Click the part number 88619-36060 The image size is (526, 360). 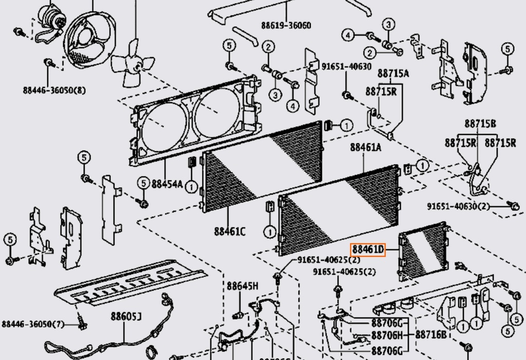pos(286,25)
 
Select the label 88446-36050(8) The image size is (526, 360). pos(54,90)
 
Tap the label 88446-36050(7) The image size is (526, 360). pos(33,324)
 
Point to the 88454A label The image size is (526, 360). pos(166,183)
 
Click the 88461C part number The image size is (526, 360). pos(230,232)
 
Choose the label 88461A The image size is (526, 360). pos(366,147)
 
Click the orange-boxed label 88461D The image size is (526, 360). pos(368,250)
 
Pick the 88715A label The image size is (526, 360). pos(393,73)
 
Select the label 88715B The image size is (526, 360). pos(480,123)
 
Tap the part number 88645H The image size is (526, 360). pos(242,286)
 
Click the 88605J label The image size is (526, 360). pos(126,316)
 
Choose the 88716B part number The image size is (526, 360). pos(430,335)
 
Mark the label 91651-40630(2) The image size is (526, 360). pos(459,206)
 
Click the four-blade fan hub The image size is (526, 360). pos(134,64)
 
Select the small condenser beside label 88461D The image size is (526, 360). pos(423,251)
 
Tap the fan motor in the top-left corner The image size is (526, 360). pos(52,18)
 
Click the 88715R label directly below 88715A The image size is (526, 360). pos(381,91)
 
